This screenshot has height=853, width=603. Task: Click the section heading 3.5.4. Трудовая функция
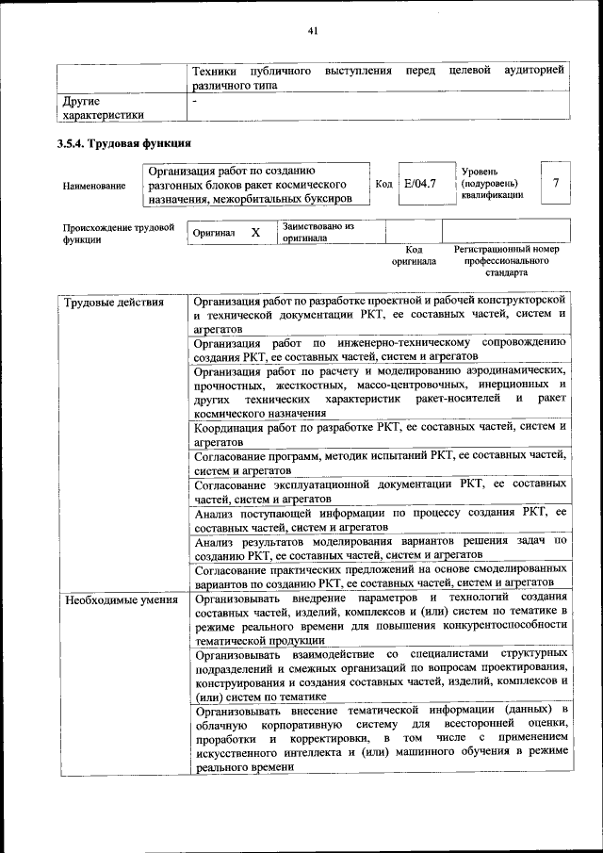pyautogui.click(x=124, y=145)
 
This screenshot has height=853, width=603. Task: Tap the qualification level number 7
pyautogui.click(x=557, y=183)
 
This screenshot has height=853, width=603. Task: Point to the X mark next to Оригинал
pyautogui.click(x=255, y=232)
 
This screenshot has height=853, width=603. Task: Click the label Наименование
pyautogui.click(x=94, y=186)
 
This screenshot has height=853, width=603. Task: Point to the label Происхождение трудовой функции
pyautogui.click(x=117, y=233)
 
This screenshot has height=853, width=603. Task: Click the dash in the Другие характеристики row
pyautogui.click(x=194, y=99)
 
